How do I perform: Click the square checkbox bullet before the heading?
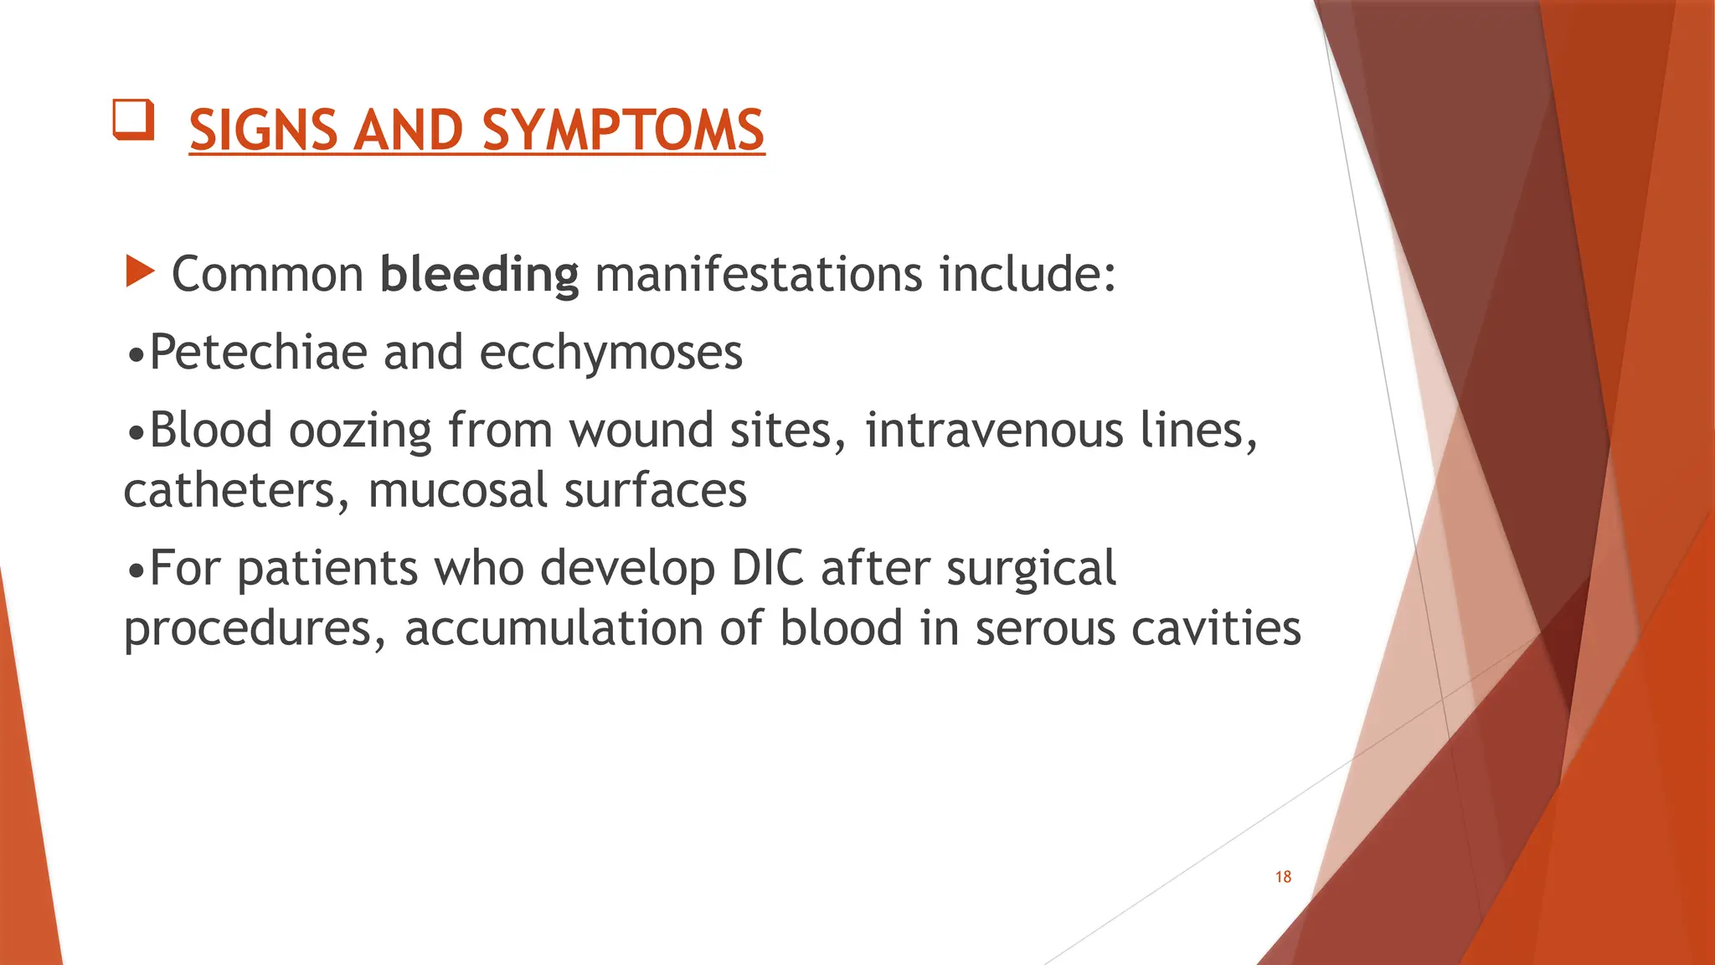(x=134, y=120)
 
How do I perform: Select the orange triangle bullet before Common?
(x=140, y=271)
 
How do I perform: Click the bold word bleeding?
(x=479, y=275)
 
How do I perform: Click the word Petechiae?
(x=258, y=352)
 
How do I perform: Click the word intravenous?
(x=994, y=430)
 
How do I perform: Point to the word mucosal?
(x=457, y=491)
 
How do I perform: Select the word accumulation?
(x=554, y=628)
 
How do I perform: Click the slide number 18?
(x=1283, y=877)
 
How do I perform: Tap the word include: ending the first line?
(x=1027, y=275)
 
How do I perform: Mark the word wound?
(x=641, y=431)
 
